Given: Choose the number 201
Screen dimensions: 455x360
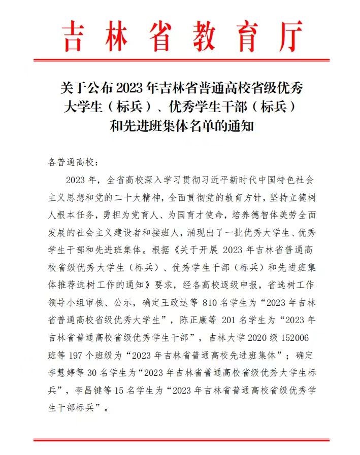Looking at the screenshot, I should click(236, 320).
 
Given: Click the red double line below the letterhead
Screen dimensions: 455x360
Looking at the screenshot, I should click(180, 61).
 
